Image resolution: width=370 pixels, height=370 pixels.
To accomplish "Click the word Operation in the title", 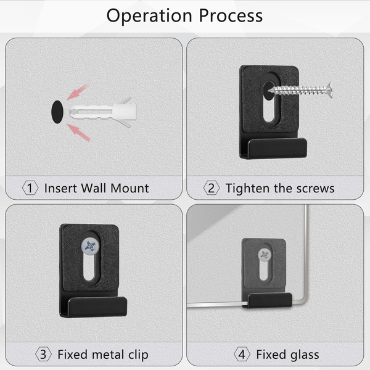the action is pyautogui.click(x=149, y=16).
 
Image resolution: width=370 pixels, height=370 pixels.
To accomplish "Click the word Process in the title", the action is pyautogui.click(x=231, y=15).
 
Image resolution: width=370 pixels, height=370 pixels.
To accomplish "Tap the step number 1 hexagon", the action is pyautogui.click(x=30, y=188).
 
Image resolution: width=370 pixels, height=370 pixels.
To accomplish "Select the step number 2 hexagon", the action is pyautogui.click(x=212, y=188).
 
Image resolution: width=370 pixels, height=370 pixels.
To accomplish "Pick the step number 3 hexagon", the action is pyautogui.click(x=43, y=355).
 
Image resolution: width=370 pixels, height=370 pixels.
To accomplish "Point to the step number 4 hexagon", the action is pyautogui.click(x=242, y=355).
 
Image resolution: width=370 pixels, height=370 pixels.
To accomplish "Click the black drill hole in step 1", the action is pyautogui.click(x=57, y=112).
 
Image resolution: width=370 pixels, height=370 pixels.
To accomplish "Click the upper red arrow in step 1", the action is pyautogui.click(x=78, y=92).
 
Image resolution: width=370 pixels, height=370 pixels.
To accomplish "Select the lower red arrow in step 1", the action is pyautogui.click(x=78, y=133).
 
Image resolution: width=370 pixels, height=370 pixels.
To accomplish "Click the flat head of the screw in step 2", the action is pyautogui.click(x=329, y=90).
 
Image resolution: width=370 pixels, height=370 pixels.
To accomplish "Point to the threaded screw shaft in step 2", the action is pyautogui.click(x=298, y=91).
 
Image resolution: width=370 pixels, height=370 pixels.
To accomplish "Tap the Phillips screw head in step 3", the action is pyautogui.click(x=90, y=247).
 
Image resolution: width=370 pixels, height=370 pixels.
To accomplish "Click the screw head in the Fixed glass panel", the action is pyautogui.click(x=265, y=255).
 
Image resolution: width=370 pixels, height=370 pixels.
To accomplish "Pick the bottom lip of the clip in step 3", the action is pyautogui.click(x=97, y=306).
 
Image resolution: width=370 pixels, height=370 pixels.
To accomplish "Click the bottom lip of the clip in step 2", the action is pyautogui.click(x=277, y=148).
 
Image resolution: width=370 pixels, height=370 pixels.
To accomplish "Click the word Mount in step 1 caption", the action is pyautogui.click(x=129, y=188).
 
